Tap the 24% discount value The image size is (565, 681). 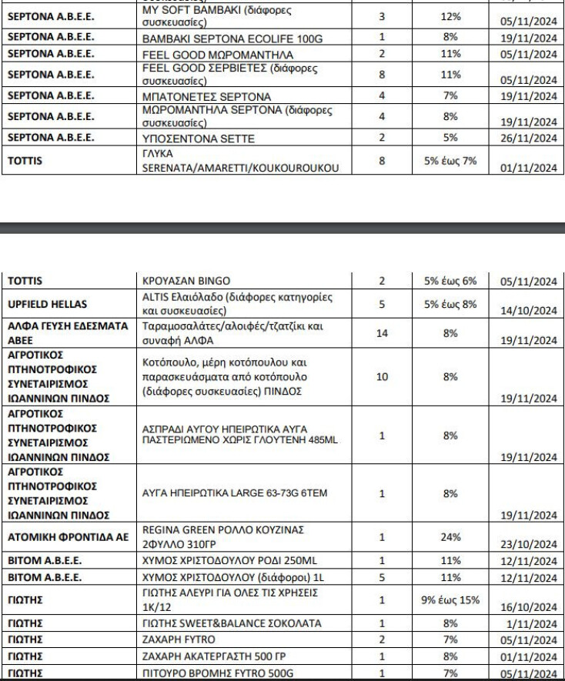pyautogui.click(x=451, y=536)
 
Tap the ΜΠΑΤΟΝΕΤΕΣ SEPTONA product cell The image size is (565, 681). pyautogui.click(x=202, y=96)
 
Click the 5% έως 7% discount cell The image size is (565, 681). pyautogui.click(x=451, y=162)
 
